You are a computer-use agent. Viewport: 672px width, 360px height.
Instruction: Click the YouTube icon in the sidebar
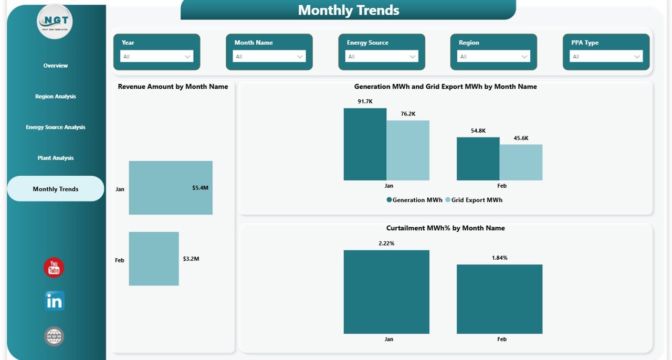[54, 268]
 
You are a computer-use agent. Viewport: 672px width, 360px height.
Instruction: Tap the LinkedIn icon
[54, 301]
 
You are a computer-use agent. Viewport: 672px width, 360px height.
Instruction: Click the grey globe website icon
[54, 336]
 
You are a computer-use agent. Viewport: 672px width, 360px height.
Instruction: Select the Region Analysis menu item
[56, 97]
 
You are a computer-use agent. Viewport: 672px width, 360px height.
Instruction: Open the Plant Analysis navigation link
[56, 158]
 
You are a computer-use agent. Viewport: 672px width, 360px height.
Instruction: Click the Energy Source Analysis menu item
[56, 128]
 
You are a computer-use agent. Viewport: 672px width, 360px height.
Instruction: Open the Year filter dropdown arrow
[187, 57]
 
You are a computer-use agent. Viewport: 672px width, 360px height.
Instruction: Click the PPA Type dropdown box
[606, 57]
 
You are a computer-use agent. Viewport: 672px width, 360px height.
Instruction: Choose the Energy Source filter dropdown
[382, 57]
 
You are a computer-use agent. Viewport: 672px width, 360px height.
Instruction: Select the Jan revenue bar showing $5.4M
[170, 188]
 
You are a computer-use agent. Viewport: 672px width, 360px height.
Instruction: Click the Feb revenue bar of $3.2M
[153, 259]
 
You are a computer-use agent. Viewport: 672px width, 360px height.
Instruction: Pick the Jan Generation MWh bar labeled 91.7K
[365, 144]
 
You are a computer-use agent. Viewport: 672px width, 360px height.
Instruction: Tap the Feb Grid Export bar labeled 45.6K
[521, 163]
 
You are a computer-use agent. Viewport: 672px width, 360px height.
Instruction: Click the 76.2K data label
[407, 113]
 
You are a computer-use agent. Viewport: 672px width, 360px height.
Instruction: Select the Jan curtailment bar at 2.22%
[386, 292]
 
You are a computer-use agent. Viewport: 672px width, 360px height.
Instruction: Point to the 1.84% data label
[499, 258]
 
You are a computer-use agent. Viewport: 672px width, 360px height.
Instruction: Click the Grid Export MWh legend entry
[476, 200]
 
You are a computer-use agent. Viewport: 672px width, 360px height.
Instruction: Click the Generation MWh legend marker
[389, 200]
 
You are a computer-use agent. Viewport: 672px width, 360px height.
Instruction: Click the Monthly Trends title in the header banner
[349, 10]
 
